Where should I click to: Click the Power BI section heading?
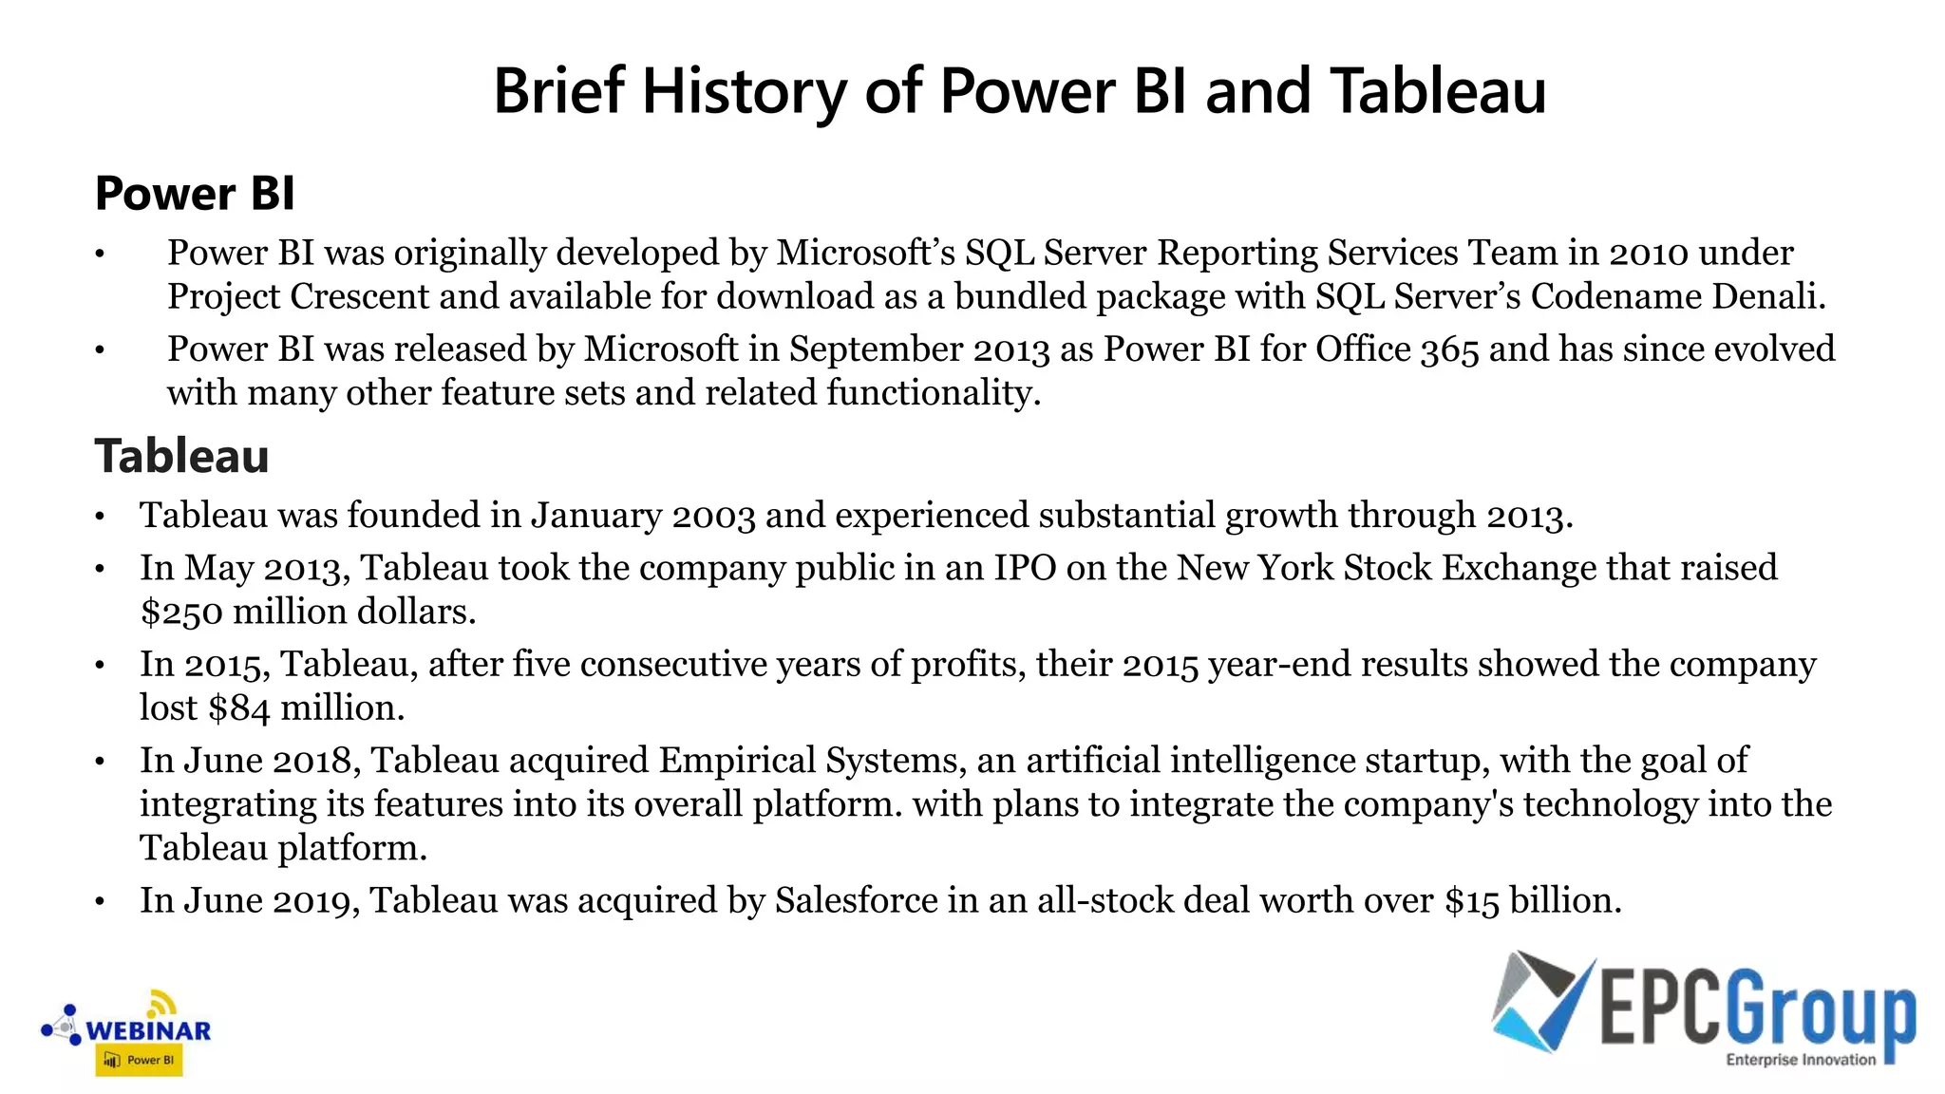(195, 194)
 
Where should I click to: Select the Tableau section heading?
(181, 456)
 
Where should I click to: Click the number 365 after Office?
(1449, 349)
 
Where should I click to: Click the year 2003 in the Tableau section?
(713, 516)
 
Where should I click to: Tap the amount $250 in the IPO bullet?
(181, 612)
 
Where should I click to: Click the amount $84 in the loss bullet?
(239, 708)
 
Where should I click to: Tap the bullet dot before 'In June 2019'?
(100, 902)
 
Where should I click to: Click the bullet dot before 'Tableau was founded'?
(100, 518)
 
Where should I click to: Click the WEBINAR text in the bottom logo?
(148, 1030)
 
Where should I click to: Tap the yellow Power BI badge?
(139, 1060)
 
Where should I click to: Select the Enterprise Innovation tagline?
(1801, 1060)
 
